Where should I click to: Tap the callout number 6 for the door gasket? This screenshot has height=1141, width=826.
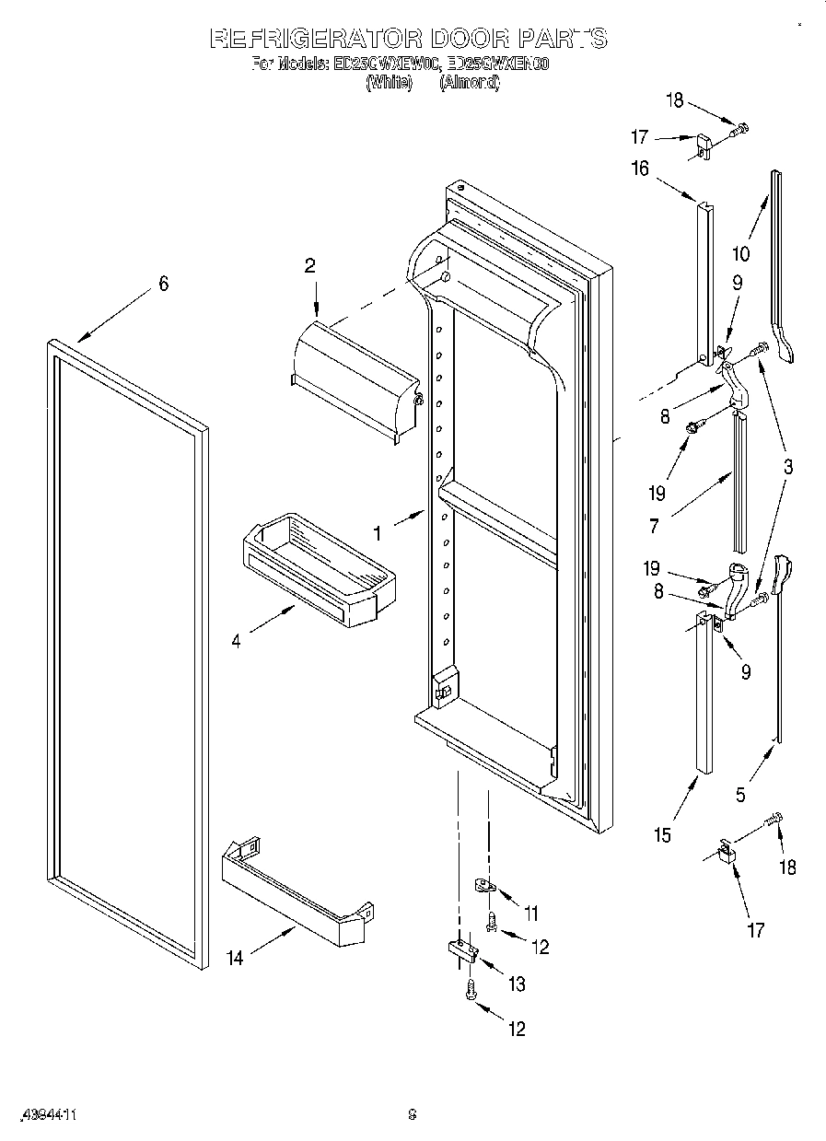pos(163,285)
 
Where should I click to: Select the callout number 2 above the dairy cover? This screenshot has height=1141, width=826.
pos(310,266)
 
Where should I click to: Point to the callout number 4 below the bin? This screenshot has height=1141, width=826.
pos(237,641)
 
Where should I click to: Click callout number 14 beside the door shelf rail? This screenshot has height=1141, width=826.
pos(236,958)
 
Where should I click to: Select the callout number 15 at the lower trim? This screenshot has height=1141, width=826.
pos(663,835)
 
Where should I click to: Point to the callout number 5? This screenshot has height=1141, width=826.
pos(741,795)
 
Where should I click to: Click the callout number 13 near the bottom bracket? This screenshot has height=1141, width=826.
pos(517,984)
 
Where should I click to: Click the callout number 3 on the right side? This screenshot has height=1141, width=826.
pos(788,467)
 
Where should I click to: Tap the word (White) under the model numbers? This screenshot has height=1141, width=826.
pos(388,82)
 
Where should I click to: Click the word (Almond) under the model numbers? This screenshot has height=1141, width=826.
pos(469,82)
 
